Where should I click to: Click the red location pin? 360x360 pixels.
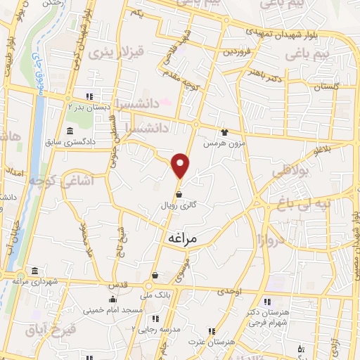[181, 165]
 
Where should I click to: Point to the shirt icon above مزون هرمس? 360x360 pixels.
[224, 131]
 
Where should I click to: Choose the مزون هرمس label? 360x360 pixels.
[218, 143]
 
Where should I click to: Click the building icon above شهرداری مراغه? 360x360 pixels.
[35, 271]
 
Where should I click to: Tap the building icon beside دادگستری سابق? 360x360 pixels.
[69, 131]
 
